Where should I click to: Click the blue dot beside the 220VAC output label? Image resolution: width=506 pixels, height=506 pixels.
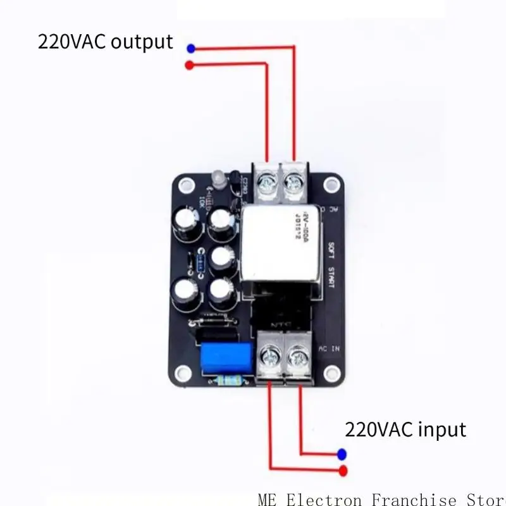(x=191, y=47)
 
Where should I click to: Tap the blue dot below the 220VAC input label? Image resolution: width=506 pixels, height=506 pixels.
(x=342, y=454)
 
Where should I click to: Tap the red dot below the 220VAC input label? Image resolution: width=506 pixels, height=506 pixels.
(x=343, y=470)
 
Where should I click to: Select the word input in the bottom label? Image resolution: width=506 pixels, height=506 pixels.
(x=436, y=430)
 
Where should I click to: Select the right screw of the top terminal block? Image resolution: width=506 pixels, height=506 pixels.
(x=293, y=183)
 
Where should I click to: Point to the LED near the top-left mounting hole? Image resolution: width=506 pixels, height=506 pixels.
(x=213, y=179)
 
